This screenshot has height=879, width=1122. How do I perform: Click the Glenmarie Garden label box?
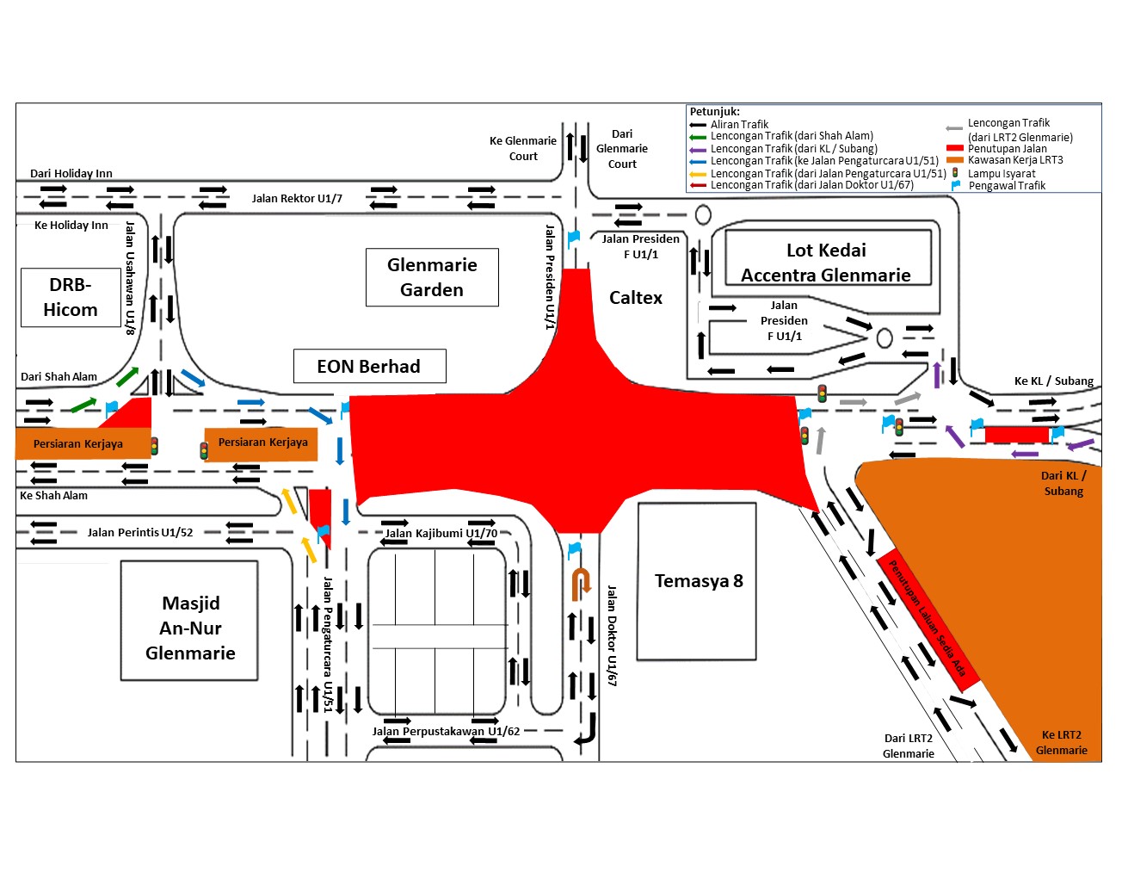click(x=432, y=277)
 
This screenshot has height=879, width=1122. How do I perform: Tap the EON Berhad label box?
click(x=369, y=366)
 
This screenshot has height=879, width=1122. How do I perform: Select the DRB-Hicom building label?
click(x=71, y=297)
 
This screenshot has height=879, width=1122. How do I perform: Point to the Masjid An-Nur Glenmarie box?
click(x=189, y=621)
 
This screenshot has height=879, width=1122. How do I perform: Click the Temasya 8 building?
click(x=698, y=581)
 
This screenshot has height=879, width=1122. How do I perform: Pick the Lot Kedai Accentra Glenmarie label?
click(x=827, y=262)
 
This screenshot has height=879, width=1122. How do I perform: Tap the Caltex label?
click(x=636, y=298)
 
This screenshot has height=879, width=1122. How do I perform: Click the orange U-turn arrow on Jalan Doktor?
click(x=581, y=583)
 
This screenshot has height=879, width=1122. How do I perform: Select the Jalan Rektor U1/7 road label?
click(x=297, y=198)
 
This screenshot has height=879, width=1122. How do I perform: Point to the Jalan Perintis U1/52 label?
click(x=140, y=532)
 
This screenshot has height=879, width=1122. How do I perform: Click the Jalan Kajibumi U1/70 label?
click(x=441, y=533)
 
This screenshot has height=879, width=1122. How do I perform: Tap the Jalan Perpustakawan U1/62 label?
click(x=446, y=731)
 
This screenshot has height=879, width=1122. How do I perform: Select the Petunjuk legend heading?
click(x=715, y=111)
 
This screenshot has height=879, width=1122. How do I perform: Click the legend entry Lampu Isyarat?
click(x=1002, y=173)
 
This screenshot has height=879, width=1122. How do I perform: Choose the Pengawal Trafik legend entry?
click(x=1007, y=185)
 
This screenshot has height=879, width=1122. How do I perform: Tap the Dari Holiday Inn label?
click(x=71, y=173)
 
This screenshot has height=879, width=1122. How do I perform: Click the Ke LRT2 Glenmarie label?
click(x=1062, y=742)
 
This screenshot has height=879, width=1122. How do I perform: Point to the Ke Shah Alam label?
click(x=53, y=495)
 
